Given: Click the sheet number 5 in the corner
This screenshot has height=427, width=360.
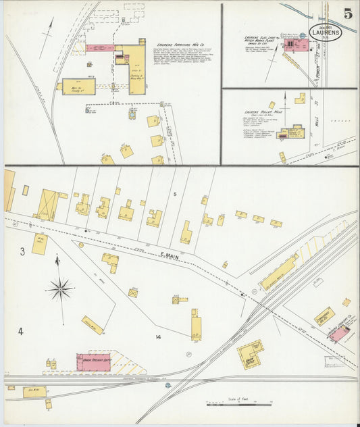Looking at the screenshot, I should pyautogui.click(x=347, y=14).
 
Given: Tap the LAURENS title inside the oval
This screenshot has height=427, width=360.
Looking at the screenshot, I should pyautogui.click(x=326, y=32).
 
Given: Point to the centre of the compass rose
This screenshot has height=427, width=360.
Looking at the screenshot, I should pyautogui.click(x=60, y=289).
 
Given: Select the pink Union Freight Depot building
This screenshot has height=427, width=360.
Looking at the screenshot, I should pyautogui.click(x=93, y=361).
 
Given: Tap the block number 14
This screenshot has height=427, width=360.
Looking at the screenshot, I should pyautogui.click(x=158, y=336).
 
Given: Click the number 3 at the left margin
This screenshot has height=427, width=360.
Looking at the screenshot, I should pyautogui.click(x=22, y=252).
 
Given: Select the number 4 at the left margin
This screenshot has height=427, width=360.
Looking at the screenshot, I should pyautogui.click(x=20, y=331).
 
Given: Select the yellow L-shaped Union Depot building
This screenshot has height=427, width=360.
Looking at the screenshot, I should pyautogui.click(x=249, y=353).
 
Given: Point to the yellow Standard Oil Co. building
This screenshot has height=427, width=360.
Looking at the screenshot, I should pyautogui.click(x=324, y=316).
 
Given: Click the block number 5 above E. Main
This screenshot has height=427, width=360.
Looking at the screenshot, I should pyautogui.click(x=174, y=195).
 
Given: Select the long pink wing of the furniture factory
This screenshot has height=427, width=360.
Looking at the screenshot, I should pyautogui.click(x=101, y=49).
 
